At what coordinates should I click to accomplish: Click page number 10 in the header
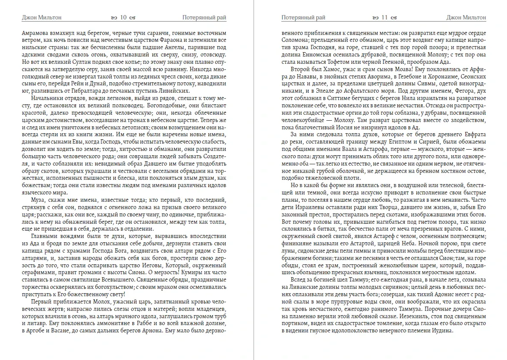click(x=123, y=18)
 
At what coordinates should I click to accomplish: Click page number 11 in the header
click(x=384, y=18)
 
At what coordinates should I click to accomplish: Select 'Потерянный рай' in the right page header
click(x=303, y=18)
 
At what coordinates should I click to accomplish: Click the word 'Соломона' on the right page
click(x=294, y=40)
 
